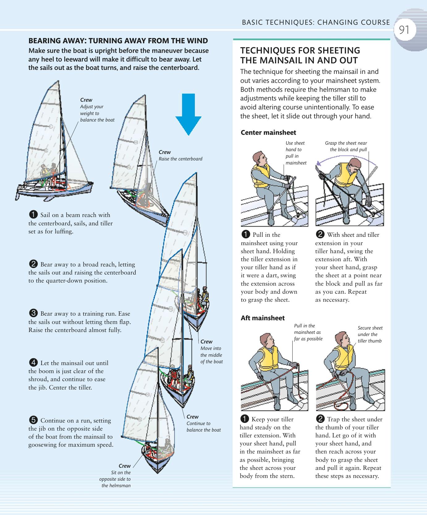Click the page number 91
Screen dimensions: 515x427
404,30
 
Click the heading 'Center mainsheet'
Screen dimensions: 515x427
268,133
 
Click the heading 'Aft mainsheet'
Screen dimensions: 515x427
263,318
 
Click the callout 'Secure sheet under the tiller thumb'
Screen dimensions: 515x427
370,334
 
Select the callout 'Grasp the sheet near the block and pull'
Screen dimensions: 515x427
346,146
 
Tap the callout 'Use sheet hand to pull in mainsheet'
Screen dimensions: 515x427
296,153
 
